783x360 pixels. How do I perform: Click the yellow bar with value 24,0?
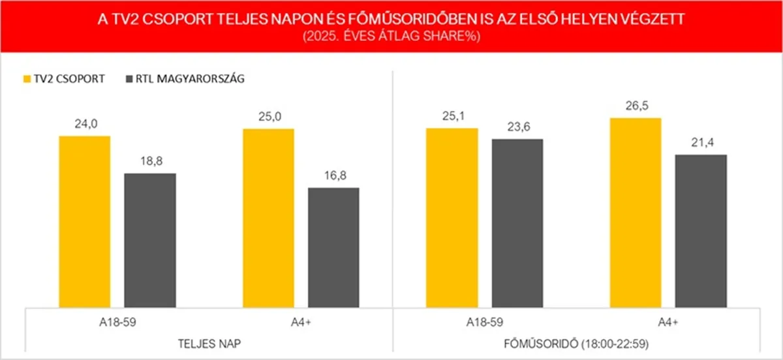click(x=85, y=222)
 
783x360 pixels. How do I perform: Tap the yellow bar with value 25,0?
click(x=268, y=218)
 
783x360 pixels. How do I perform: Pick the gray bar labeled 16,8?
click(x=333, y=247)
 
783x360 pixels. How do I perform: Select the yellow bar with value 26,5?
click(x=636, y=213)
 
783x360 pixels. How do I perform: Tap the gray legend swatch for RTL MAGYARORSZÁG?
click(x=127, y=79)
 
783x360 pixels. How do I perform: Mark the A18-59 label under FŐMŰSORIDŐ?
click(x=485, y=322)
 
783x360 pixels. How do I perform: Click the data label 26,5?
click(x=636, y=107)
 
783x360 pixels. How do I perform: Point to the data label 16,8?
click(x=333, y=177)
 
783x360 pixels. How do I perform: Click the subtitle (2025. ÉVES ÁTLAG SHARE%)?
click(x=391, y=37)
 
